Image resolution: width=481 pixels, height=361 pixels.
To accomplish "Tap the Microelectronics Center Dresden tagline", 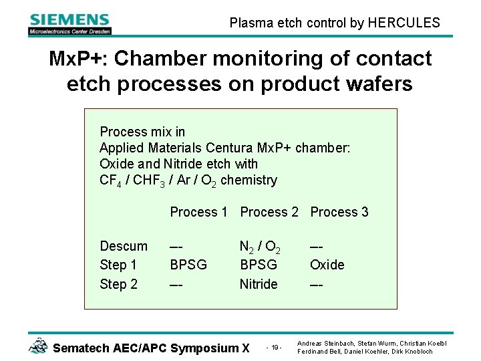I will point(69,31).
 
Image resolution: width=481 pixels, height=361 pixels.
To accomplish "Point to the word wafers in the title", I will point(379,84).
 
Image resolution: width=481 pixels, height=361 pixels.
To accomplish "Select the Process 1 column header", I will point(198,212).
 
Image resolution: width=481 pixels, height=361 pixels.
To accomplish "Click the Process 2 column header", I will point(269,212).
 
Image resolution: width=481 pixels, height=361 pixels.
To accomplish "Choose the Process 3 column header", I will point(339,212).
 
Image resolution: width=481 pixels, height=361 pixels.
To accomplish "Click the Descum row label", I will point(124,246).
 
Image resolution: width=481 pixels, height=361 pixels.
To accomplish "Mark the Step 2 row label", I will point(118,284).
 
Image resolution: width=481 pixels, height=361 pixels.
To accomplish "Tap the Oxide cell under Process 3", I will point(327,265).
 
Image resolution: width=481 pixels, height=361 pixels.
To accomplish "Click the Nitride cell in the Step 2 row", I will point(259,284).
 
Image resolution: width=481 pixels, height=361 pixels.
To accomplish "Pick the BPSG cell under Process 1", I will point(188,265).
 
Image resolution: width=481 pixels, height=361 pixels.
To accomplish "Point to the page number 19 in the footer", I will point(275,348).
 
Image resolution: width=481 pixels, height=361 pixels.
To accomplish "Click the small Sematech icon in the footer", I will point(38,346).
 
